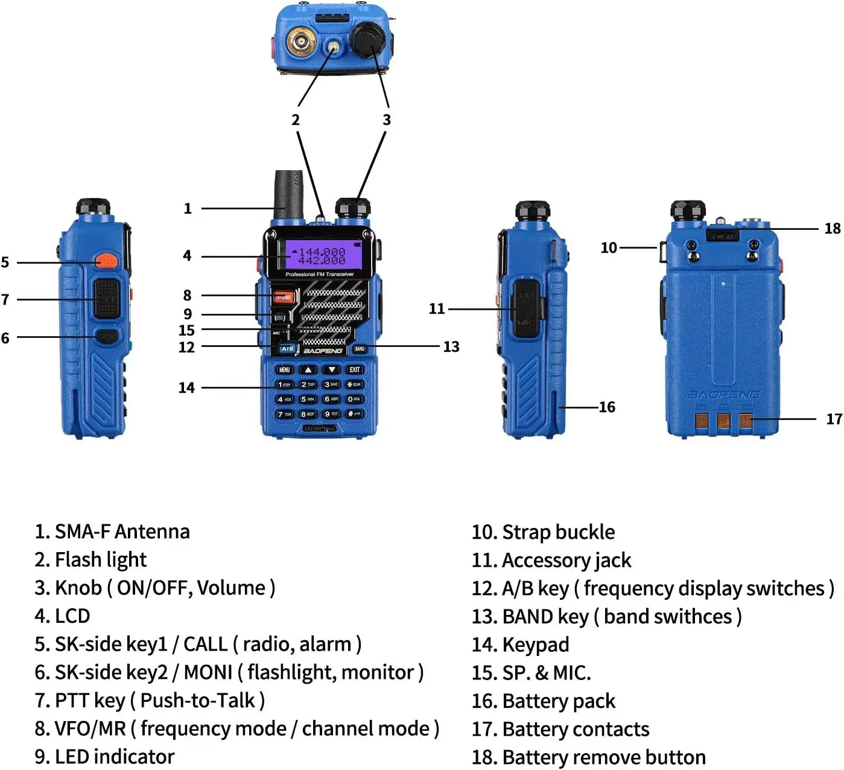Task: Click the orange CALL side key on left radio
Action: click(x=106, y=261)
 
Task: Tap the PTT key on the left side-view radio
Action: click(x=106, y=299)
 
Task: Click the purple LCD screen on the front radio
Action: click(x=320, y=255)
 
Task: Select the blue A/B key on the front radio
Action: click(x=287, y=349)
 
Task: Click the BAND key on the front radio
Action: click(x=360, y=349)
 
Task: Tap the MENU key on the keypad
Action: click(x=284, y=369)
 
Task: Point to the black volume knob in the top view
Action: click(x=367, y=39)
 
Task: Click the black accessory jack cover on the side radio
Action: click(x=525, y=308)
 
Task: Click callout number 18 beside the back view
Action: click(x=832, y=229)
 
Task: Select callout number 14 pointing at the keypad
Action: click(x=186, y=388)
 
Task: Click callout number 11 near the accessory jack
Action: click(x=437, y=309)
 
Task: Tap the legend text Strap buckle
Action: click(x=558, y=532)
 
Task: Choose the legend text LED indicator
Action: click(x=114, y=757)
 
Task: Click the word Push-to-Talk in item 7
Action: click(x=197, y=701)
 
